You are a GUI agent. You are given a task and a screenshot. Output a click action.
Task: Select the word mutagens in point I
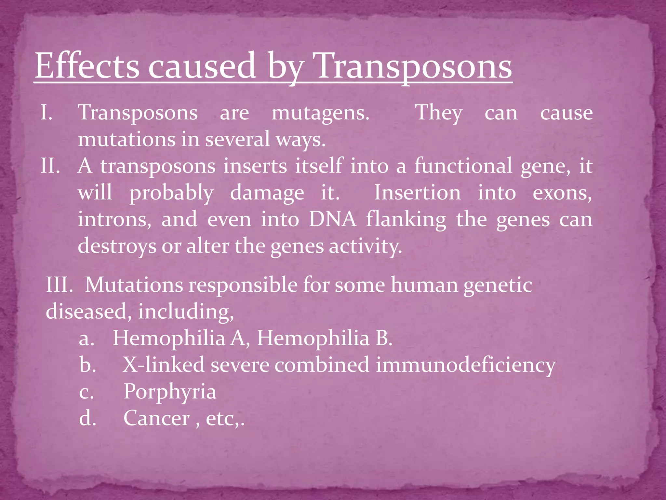(320, 113)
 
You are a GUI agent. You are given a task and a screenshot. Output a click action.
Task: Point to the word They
(439, 113)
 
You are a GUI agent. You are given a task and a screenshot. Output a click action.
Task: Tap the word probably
(171, 193)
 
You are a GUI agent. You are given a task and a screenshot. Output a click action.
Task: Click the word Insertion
(417, 192)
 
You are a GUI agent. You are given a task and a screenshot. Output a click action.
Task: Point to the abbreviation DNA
(332, 219)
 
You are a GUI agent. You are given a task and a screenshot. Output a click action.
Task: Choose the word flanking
(406, 219)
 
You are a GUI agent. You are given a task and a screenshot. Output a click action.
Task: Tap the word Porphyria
(170, 392)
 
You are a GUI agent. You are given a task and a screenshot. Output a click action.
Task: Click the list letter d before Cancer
(87, 418)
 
